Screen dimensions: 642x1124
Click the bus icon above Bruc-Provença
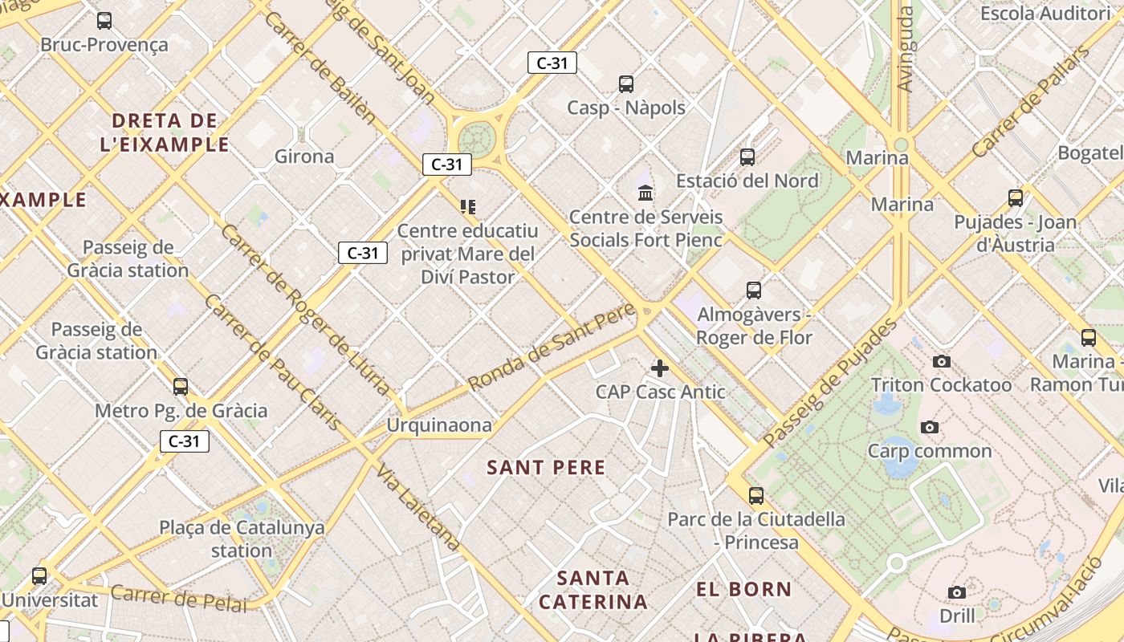click(104, 21)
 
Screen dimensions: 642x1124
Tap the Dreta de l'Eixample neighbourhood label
click(165, 132)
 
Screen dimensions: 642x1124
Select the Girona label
click(304, 156)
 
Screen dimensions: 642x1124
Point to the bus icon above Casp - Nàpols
click(626, 83)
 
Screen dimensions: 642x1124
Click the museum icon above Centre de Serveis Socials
click(645, 193)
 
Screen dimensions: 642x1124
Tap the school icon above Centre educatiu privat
click(468, 207)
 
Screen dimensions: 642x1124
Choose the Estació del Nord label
click(747, 181)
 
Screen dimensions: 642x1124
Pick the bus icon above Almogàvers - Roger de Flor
click(753, 290)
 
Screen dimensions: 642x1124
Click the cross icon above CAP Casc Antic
click(660, 368)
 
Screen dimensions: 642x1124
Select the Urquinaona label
click(439, 425)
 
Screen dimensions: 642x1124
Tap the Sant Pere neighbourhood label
click(546, 467)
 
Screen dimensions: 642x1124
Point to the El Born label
click(743, 589)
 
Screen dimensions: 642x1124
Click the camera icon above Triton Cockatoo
click(942, 362)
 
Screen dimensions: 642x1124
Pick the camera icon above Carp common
click(930, 427)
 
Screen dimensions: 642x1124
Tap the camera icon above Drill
click(957, 592)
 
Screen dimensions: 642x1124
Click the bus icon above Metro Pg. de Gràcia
click(181, 387)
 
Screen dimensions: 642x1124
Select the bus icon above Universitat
click(39, 575)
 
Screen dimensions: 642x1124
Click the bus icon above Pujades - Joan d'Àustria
click(1016, 197)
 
